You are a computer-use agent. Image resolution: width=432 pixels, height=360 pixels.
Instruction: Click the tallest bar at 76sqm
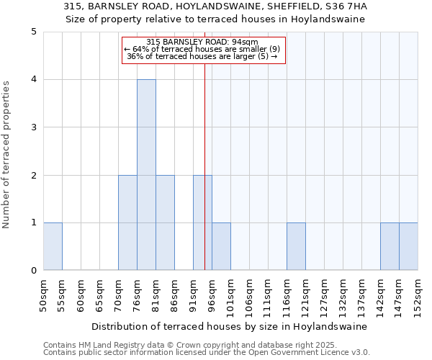[146, 175]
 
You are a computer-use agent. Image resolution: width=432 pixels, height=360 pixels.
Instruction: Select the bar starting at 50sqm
[53, 246]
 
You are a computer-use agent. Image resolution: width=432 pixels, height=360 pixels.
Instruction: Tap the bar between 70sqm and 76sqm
[127, 222]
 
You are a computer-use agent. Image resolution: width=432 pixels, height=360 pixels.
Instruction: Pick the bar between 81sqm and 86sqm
[165, 222]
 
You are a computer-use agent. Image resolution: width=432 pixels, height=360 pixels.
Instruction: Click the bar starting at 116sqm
[296, 246]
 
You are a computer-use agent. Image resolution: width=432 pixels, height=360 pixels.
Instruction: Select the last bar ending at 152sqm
[408, 246]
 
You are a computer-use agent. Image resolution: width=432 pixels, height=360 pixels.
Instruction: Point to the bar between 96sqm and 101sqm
[221, 246]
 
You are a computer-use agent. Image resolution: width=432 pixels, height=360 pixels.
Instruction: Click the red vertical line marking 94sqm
[204, 144]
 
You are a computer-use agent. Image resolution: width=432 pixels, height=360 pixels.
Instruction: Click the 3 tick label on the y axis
[34, 127]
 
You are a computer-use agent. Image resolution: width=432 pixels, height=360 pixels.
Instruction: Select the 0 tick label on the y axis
[34, 271]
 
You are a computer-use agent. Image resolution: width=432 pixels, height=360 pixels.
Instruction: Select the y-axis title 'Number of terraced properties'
[6, 154]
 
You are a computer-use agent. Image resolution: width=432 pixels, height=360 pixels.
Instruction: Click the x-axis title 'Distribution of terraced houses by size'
[230, 326]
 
